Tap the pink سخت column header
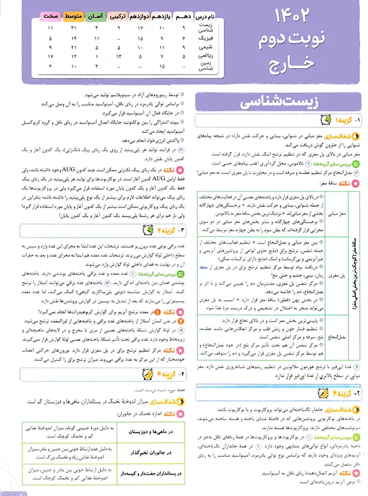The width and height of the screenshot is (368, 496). tap(50, 15)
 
